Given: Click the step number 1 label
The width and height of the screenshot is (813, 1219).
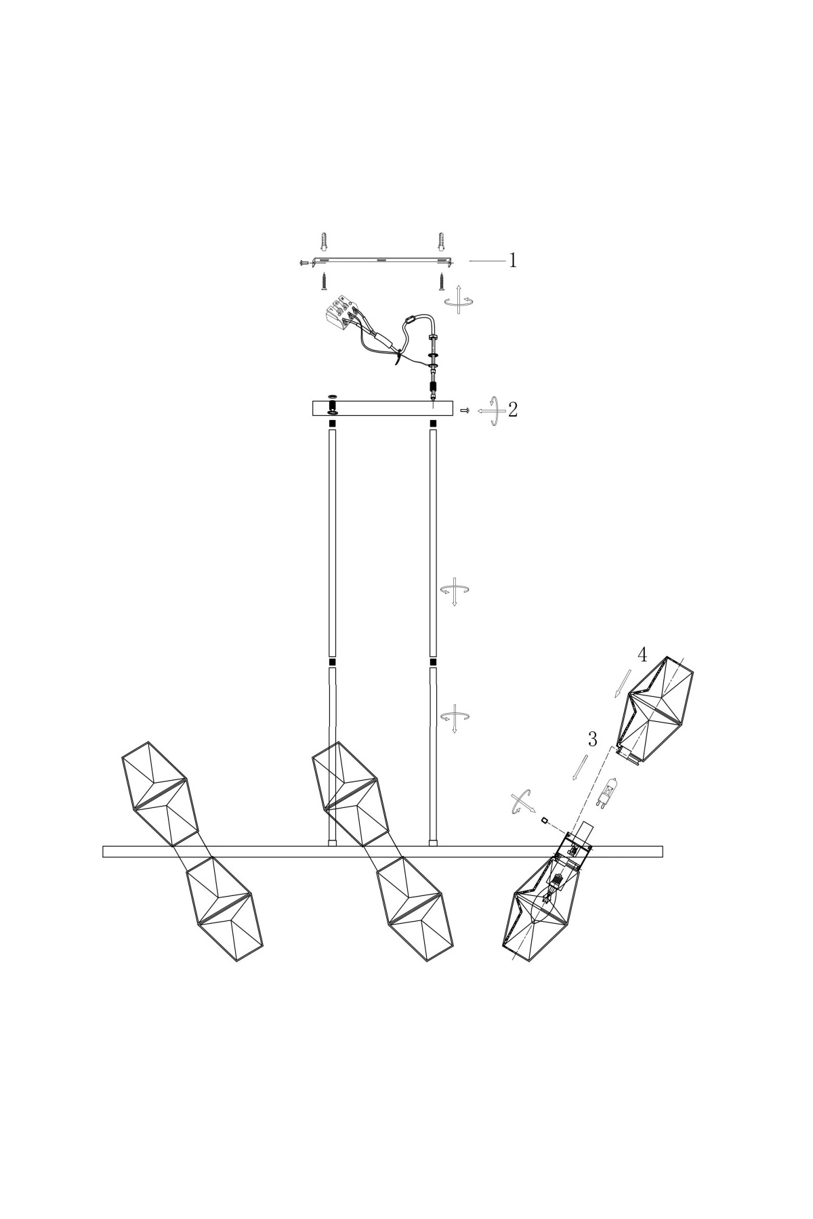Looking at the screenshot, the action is (x=514, y=260).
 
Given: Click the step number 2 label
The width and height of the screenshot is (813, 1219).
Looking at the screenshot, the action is (x=513, y=409).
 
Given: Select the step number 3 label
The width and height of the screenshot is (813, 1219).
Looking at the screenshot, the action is (x=592, y=739).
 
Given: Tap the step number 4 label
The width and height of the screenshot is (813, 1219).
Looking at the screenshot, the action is (x=642, y=655).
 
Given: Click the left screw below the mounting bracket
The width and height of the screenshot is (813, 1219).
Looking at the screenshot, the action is (x=324, y=280).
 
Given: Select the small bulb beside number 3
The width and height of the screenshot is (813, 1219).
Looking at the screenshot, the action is (x=602, y=791).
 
